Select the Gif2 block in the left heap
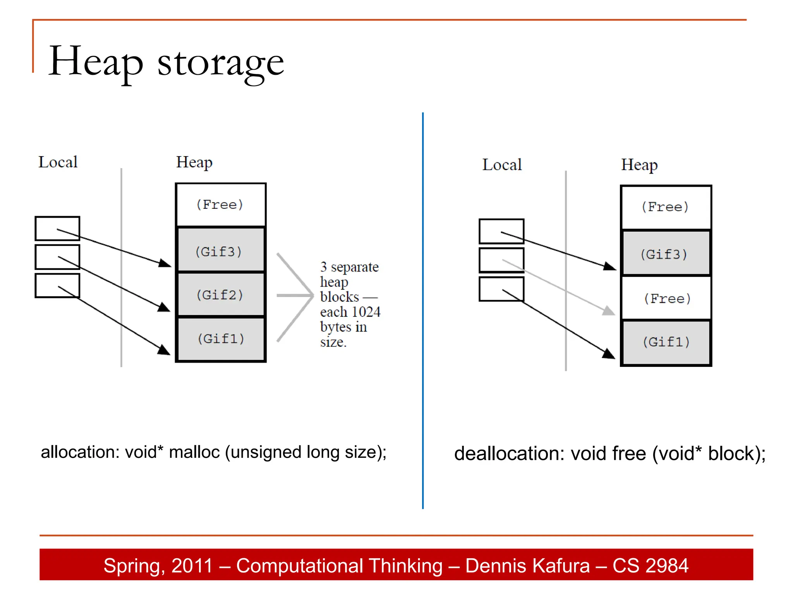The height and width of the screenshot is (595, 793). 220,295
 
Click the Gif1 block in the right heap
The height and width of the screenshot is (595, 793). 666,342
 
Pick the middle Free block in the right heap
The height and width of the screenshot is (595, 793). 666,298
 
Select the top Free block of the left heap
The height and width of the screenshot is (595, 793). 220,205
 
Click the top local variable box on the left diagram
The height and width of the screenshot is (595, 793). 57,229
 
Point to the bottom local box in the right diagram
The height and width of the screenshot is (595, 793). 501,289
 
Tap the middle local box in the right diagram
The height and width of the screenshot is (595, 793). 501,260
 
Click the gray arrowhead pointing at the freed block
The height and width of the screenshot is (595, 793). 609,311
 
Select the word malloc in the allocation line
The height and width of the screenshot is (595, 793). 194,452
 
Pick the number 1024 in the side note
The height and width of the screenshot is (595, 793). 366,312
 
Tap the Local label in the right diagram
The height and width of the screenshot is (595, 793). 502,165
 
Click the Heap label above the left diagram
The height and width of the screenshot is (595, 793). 194,162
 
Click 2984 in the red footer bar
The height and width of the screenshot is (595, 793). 670,566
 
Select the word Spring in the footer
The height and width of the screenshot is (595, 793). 131,566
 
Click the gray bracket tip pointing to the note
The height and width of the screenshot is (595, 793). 312,296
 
